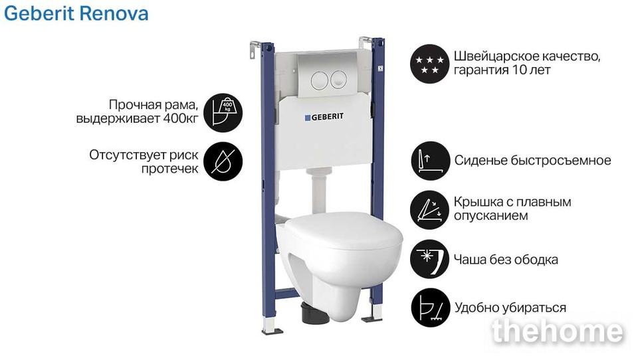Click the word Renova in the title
click(x=114, y=13)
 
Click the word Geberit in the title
click(x=39, y=13)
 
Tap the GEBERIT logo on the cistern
click(x=324, y=117)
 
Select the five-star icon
click(x=430, y=64)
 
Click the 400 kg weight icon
click(x=223, y=113)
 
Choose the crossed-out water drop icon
click(x=223, y=161)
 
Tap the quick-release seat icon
click(x=430, y=161)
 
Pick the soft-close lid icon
click(x=430, y=210)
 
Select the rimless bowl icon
click(x=430, y=259)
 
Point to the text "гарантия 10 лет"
click(x=502, y=70)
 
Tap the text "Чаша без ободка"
click(x=506, y=259)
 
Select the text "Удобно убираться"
click(x=510, y=308)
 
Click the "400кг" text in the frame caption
click(x=181, y=119)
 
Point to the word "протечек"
click(x=170, y=169)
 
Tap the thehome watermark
click(x=557, y=331)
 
